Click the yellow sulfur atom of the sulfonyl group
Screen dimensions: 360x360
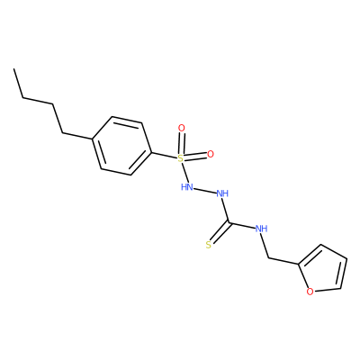(x=180, y=158)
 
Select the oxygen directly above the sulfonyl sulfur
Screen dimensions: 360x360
(x=182, y=129)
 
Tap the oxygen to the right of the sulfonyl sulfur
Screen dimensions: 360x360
(x=211, y=154)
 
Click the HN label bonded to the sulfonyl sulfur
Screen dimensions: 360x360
(x=186, y=187)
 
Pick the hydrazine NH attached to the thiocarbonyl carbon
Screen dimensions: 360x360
(x=222, y=193)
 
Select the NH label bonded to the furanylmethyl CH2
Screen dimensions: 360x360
(x=261, y=229)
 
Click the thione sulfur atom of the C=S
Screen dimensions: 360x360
(x=209, y=245)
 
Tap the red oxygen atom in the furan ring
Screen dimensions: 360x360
(x=310, y=292)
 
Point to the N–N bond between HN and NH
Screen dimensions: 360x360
(x=204, y=191)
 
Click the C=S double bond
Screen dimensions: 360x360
(x=220, y=233)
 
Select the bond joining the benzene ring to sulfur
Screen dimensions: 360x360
(x=164, y=155)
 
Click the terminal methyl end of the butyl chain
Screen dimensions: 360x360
(x=13, y=69)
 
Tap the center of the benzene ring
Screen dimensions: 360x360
(x=121, y=146)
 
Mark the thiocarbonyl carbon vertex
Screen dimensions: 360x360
(x=229, y=223)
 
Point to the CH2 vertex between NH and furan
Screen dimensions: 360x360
(x=268, y=258)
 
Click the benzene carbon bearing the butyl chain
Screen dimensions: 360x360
(x=92, y=139)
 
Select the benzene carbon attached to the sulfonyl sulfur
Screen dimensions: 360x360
(x=151, y=152)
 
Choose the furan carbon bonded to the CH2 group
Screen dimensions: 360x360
(x=299, y=265)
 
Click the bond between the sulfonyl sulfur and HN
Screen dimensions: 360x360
(x=184, y=173)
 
